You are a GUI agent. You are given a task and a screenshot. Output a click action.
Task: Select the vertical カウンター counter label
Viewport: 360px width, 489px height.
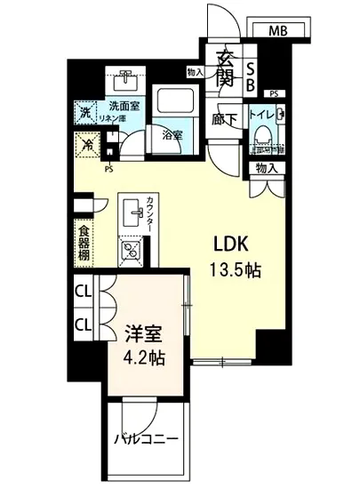pyautogui.click(x=152, y=213)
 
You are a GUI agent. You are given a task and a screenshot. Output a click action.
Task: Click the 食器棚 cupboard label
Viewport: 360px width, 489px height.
pyautogui.click(x=82, y=241)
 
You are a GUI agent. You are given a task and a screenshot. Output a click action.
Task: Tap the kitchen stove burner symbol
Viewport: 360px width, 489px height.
pyautogui.click(x=131, y=251)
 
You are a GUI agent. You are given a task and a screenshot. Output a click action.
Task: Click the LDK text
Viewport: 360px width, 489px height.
pyautogui.click(x=228, y=244)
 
